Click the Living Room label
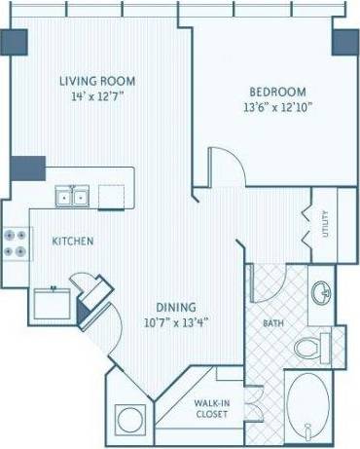pos(96,81)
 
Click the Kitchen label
pos(73,241)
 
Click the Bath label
pos(272,323)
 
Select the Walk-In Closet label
pos(211,406)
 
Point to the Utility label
pos(326,225)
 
